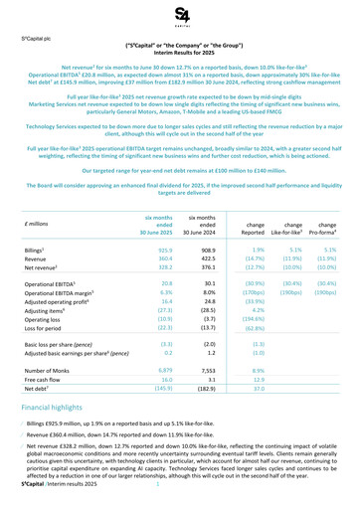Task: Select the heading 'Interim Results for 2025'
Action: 180,52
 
